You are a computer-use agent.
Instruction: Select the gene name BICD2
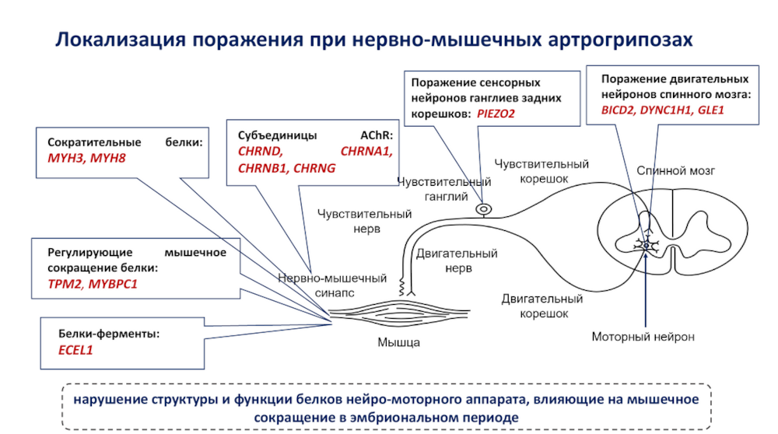click(x=619, y=110)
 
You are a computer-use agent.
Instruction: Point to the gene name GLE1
click(x=711, y=110)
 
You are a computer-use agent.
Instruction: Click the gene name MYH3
click(x=65, y=159)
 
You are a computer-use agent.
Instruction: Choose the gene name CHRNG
click(x=314, y=167)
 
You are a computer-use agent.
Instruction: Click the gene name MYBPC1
click(x=113, y=284)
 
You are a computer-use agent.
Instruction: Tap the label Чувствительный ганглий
click(x=443, y=189)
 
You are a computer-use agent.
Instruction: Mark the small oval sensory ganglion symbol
click(x=484, y=208)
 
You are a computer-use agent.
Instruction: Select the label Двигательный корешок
click(x=541, y=306)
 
